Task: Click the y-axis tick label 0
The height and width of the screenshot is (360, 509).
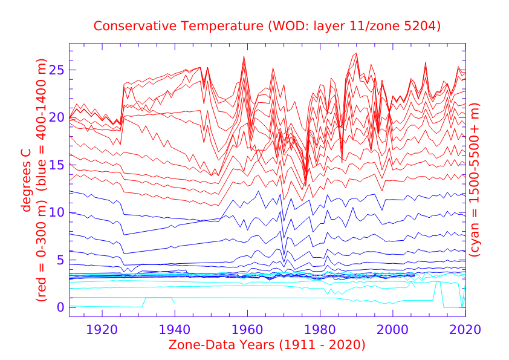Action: click(60, 307)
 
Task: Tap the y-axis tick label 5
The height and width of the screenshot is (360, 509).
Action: click(60, 260)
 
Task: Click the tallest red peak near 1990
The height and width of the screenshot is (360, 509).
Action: click(357, 54)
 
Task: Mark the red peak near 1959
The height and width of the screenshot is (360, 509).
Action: click(244, 57)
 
